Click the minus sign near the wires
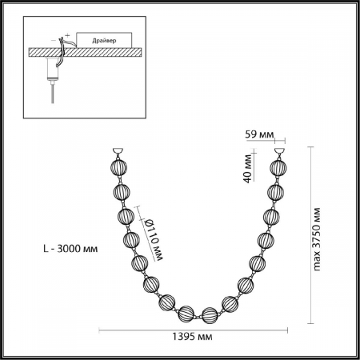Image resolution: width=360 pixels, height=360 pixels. tap(56, 37)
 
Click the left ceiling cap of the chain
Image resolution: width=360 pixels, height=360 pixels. tap(117, 152)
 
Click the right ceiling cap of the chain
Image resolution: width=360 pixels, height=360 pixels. tap(280, 152)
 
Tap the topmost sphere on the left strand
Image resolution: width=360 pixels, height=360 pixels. tap(117, 169)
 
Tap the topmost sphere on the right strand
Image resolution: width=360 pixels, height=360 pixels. tap(280, 169)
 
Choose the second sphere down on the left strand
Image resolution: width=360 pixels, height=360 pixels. tap(120, 192)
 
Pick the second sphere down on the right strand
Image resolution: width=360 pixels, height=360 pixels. tap(276, 193)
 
